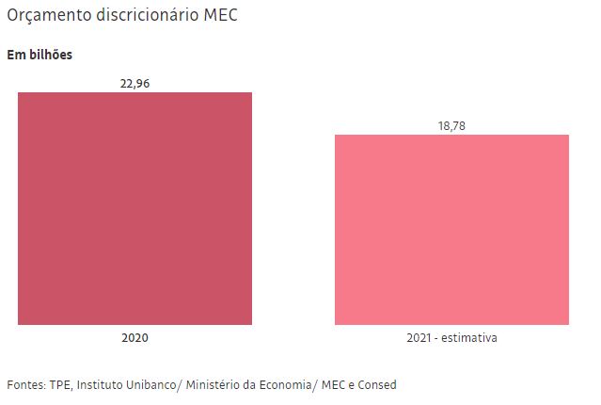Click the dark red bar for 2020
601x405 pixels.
pos(134,208)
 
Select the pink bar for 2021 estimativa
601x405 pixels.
pos(451,230)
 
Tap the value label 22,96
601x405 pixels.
pos(134,83)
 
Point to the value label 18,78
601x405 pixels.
pos(451,125)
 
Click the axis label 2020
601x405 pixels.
pos(134,337)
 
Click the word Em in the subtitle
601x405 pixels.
pos(15,55)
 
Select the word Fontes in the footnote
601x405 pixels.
pos(25,385)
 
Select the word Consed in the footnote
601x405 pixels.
pos(377,385)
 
